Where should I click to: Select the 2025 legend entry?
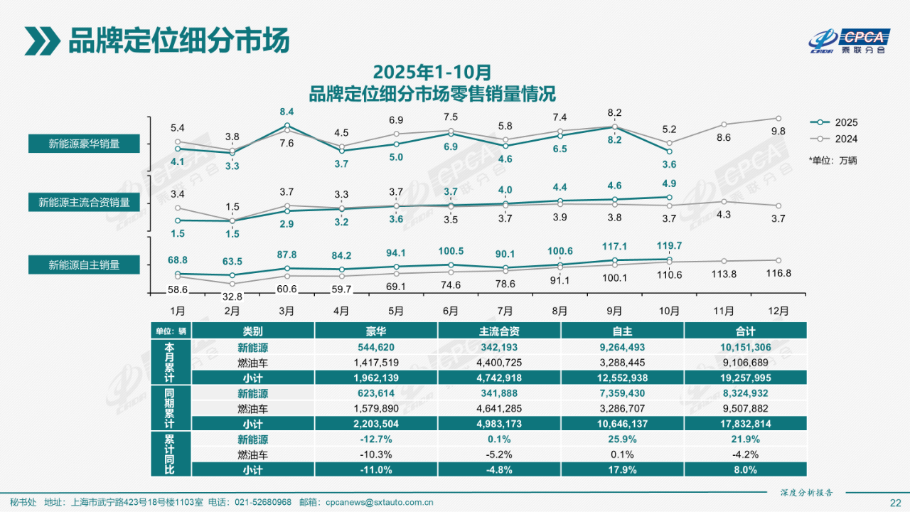(835, 122)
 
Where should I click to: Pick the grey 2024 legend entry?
(835, 139)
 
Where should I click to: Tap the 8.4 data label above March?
(287, 112)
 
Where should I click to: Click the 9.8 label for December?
(778, 132)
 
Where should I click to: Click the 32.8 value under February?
(232, 297)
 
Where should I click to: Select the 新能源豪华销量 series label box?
(84, 144)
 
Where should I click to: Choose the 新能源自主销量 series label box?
(84, 265)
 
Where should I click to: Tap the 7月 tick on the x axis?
(505, 311)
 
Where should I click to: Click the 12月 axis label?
(778, 311)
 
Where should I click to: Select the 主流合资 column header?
(499, 331)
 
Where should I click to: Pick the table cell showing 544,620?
(376, 348)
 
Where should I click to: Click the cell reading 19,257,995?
(746, 378)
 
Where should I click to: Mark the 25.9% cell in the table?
(622, 439)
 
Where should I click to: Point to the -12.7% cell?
(376, 439)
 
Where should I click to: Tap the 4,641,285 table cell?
(499, 408)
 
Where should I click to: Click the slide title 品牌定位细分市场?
(178, 41)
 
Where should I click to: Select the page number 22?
(895, 502)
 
